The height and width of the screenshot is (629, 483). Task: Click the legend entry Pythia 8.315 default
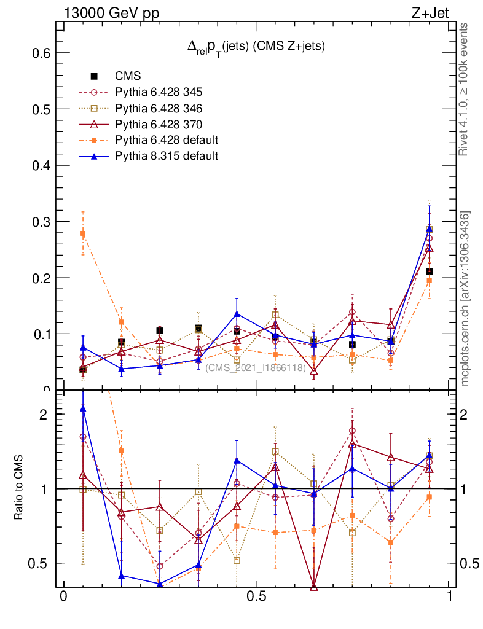[166, 156]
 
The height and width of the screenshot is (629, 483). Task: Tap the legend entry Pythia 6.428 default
[166, 140]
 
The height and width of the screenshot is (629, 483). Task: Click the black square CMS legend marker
[94, 76]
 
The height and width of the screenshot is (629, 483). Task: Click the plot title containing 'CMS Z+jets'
[256, 45]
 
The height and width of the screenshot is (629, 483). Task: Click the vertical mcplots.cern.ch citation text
[465, 298]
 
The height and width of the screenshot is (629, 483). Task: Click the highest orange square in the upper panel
[83, 233]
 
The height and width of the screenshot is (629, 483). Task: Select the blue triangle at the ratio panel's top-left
[83, 408]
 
